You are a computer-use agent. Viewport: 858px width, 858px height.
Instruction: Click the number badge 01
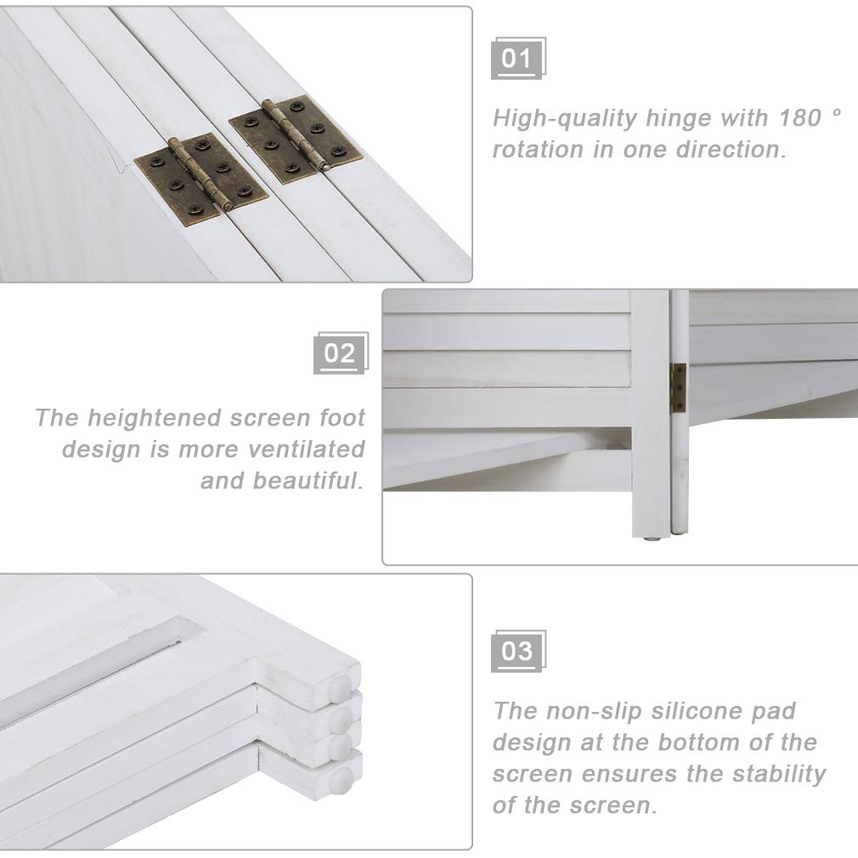click(x=518, y=58)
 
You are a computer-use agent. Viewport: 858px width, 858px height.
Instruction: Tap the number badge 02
click(x=341, y=353)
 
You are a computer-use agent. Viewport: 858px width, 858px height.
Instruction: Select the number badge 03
click(x=518, y=652)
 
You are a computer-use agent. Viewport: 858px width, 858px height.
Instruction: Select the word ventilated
click(x=307, y=449)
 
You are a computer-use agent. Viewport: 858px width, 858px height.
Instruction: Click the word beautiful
click(x=308, y=481)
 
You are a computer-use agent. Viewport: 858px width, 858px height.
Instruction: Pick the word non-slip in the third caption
click(x=594, y=711)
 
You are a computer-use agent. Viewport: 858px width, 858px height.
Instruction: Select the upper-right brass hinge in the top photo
click(x=296, y=139)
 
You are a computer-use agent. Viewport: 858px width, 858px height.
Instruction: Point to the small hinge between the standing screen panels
click(x=678, y=388)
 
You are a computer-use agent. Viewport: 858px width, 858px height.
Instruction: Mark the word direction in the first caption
click(x=731, y=150)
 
